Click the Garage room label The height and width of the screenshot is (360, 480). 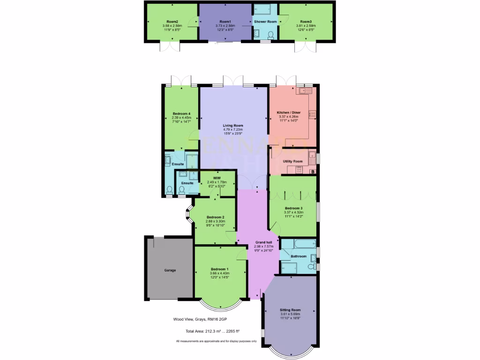(170, 270)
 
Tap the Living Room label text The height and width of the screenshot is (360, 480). (232, 126)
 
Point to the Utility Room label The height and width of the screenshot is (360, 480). (292, 161)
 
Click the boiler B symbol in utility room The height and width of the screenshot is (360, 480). (313, 172)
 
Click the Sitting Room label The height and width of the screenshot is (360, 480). (290, 310)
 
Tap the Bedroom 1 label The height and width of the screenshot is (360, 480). (219, 269)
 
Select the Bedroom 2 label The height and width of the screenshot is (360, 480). (215, 217)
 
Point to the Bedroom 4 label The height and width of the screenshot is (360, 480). (181, 114)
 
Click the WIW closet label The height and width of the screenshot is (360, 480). (217, 178)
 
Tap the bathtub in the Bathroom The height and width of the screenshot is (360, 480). (298, 244)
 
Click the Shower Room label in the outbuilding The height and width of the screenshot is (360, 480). (265, 22)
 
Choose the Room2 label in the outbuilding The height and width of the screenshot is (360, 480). (172, 22)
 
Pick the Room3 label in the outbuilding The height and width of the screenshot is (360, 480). (306, 22)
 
